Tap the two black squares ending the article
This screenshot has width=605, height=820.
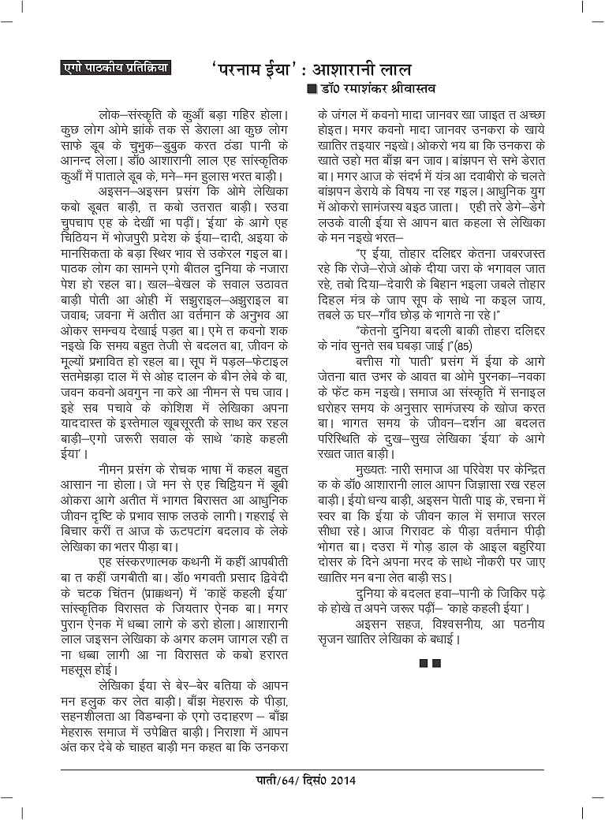[x=430, y=663]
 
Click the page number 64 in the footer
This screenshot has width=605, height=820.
[x=284, y=781]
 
